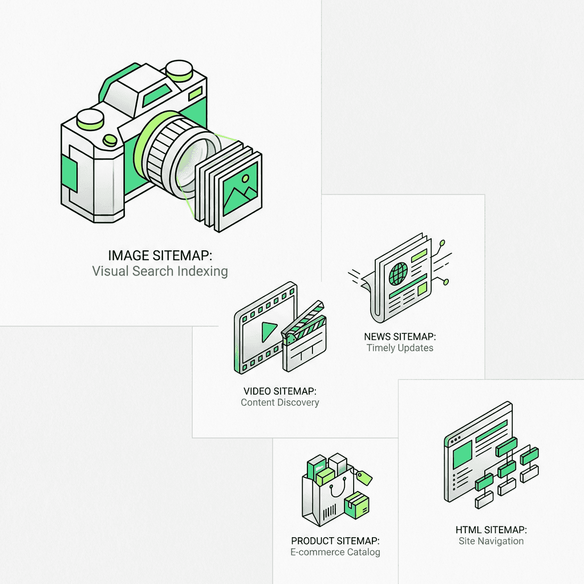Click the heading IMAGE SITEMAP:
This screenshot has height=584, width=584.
(160, 255)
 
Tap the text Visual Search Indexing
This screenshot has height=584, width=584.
(160, 271)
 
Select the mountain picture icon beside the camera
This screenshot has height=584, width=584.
(239, 189)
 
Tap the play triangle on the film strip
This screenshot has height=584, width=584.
(269, 329)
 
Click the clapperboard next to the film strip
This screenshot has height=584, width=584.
(305, 342)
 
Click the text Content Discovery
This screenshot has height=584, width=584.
(279, 403)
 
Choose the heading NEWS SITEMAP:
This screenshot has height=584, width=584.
(399, 336)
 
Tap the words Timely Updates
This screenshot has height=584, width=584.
(399, 348)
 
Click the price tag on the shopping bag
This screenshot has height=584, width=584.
(363, 477)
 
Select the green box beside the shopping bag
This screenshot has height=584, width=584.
(356, 505)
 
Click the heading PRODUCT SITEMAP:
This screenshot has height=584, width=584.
(335, 540)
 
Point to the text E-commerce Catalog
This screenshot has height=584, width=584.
(335, 552)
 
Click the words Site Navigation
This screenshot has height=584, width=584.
(491, 541)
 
